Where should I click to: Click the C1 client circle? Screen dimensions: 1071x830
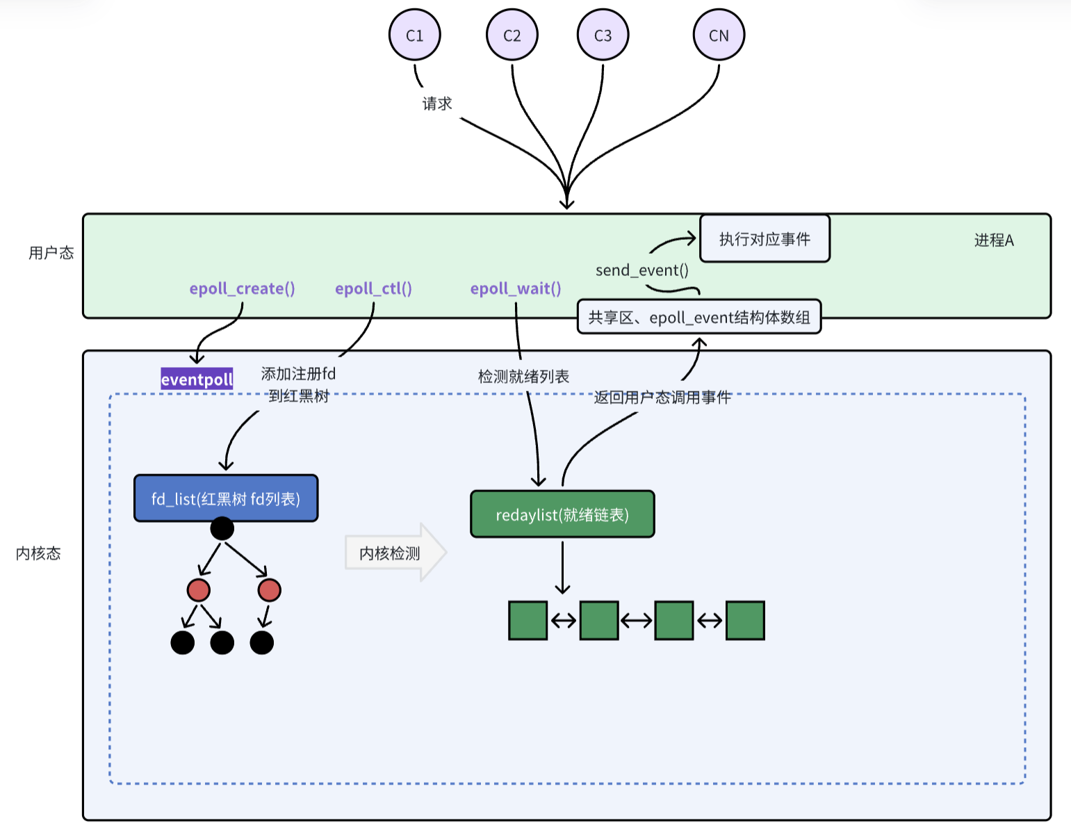tap(414, 35)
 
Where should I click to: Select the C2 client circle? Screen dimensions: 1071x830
tap(512, 35)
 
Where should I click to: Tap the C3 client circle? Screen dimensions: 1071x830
tap(603, 35)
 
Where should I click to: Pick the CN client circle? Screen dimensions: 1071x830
tap(719, 35)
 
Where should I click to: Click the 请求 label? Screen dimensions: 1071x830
tap(436, 104)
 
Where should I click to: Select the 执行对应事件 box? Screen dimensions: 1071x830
tap(765, 238)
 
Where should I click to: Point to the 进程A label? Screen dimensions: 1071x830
tap(994, 240)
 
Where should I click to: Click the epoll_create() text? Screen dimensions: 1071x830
tap(242, 288)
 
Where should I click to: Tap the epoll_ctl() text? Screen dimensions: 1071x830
tap(373, 288)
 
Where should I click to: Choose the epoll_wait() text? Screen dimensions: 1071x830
tap(516, 288)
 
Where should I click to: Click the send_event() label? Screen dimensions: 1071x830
tap(641, 270)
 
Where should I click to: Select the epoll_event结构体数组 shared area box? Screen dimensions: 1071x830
tap(699, 317)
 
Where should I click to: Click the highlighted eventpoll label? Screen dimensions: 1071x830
tap(197, 379)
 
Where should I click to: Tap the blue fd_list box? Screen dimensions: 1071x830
tap(226, 498)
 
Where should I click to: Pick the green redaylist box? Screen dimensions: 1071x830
tap(562, 514)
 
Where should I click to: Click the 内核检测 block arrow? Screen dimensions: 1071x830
tap(395, 553)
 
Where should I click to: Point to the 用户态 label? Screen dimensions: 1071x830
tap(51, 253)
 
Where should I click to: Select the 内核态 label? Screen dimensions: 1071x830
tap(38, 553)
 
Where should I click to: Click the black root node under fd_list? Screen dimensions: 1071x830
tap(222, 529)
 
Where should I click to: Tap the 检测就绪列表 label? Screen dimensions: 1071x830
tap(523, 377)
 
